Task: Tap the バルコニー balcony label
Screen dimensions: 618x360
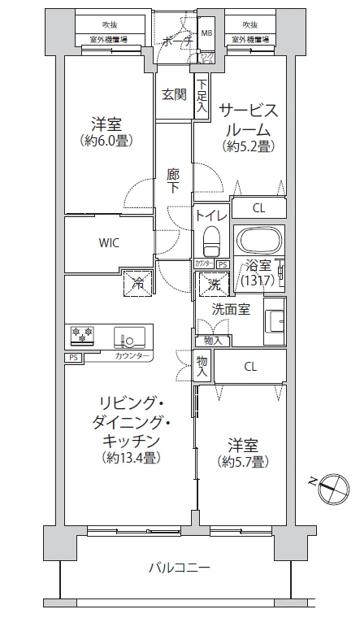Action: [x=180, y=567]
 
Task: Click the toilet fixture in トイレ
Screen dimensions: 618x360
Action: [x=211, y=242]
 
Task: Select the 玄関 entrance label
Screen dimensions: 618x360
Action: [x=173, y=94]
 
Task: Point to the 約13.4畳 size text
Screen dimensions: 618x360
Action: [x=131, y=457]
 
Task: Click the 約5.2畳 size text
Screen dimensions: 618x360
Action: [x=249, y=146]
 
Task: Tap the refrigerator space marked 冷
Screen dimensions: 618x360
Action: [x=137, y=285]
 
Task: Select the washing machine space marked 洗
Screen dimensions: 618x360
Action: [x=212, y=285]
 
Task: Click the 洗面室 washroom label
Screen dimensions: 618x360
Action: [x=232, y=309]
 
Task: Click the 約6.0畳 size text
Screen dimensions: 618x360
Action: [x=106, y=140]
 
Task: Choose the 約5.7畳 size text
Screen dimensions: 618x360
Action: [x=245, y=462]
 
